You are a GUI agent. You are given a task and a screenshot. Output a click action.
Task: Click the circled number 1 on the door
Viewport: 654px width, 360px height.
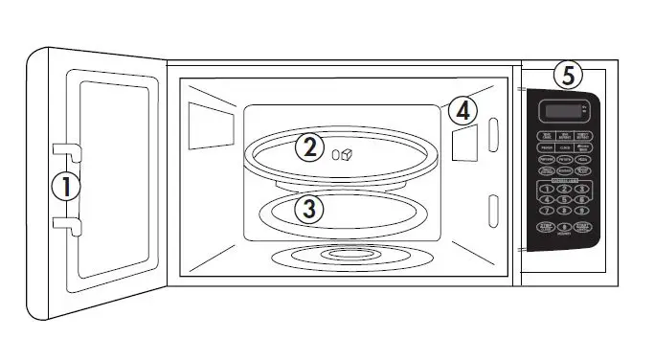(x=66, y=186)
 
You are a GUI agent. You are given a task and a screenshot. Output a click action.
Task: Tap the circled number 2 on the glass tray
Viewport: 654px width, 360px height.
(x=308, y=148)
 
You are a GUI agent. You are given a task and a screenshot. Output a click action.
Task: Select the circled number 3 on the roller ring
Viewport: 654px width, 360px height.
(x=307, y=210)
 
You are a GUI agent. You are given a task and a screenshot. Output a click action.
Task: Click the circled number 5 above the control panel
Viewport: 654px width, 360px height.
(x=569, y=76)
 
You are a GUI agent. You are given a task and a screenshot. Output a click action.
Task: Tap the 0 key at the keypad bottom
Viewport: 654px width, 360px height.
(x=565, y=228)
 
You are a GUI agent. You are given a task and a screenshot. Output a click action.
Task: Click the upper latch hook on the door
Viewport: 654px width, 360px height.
(x=63, y=149)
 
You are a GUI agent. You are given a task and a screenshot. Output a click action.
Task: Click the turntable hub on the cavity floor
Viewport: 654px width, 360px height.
(x=340, y=255)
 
